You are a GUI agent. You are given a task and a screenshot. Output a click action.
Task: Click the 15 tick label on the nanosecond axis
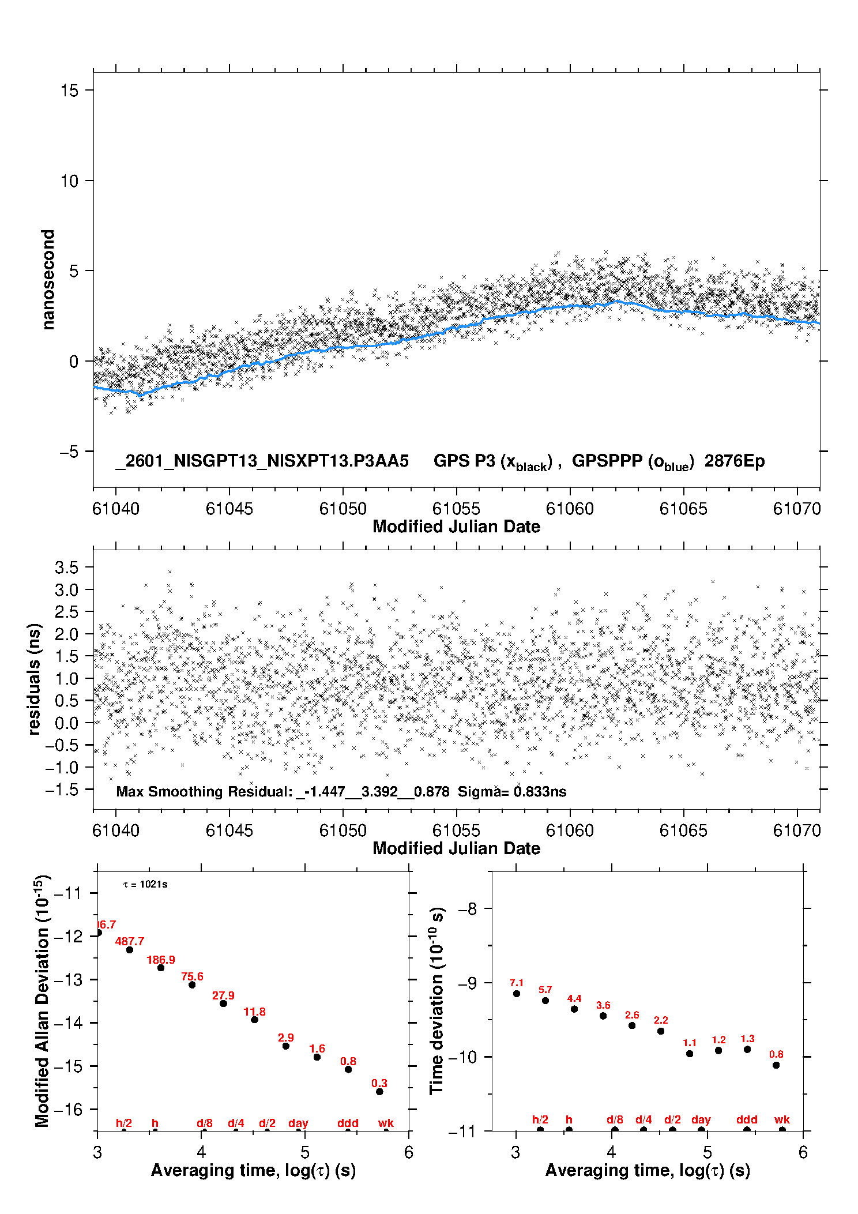pos(69,91)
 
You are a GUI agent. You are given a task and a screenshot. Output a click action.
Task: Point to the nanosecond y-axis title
pos(48,279)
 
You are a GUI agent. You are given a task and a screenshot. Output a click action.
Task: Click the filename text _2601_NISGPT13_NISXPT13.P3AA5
pos(262,461)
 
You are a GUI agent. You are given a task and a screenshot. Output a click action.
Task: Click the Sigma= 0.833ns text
pos(512,791)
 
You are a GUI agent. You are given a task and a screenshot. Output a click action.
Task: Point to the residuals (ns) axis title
pos(35,679)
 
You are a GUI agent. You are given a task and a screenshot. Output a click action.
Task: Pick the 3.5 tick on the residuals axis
pos(67,567)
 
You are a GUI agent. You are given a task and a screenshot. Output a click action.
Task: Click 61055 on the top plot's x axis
pos(456,509)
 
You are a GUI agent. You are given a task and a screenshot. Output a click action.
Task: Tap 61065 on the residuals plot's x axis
pos(683,830)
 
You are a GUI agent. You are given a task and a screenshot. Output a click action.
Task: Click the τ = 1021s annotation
pos(145,884)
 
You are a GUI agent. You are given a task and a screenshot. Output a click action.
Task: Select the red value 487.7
pos(130,941)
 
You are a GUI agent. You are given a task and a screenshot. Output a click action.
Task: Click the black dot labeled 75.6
pos(192,984)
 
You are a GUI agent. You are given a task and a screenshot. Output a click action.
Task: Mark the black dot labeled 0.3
pos(379,1091)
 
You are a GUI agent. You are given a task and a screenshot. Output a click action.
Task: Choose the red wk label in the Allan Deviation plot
pos(386,1122)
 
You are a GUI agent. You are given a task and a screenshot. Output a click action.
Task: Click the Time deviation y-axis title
pos(436,1001)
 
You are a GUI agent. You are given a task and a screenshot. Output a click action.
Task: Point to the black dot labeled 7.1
pos(517,993)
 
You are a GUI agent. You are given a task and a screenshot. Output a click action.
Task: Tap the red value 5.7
pos(545,990)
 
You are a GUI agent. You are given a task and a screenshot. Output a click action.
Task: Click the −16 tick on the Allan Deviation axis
pos(68,1109)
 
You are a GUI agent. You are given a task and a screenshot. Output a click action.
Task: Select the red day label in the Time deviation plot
pos(701,1119)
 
